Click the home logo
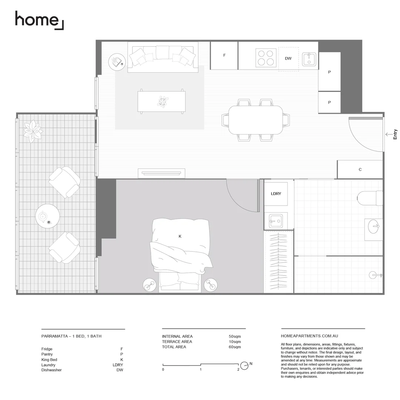(x=39, y=20)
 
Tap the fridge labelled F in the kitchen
(x=224, y=56)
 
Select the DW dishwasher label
(x=288, y=59)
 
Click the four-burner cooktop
(x=266, y=58)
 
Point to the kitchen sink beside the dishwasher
(x=309, y=59)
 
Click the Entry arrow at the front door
(x=389, y=134)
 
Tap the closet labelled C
(x=360, y=170)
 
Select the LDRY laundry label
(x=276, y=194)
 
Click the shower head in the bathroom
(x=374, y=275)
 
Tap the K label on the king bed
(x=180, y=236)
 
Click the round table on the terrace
(x=47, y=216)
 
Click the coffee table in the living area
(x=161, y=101)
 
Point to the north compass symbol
(x=244, y=366)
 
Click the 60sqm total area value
(x=235, y=347)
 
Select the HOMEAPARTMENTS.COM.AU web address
(x=310, y=336)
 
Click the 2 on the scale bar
(x=238, y=370)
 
